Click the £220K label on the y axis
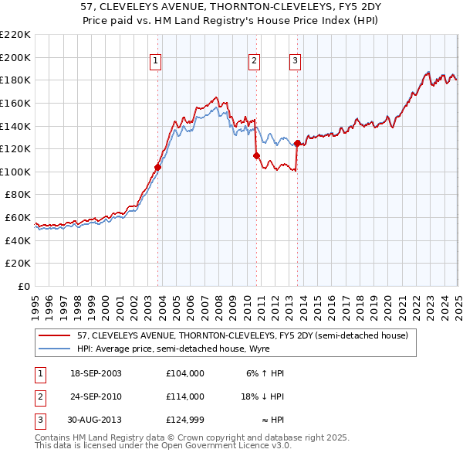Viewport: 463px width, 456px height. pos(16,35)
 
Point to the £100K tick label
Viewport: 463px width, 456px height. pos(16,172)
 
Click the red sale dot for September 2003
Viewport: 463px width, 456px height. pos(157,167)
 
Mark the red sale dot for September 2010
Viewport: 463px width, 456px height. pos(256,155)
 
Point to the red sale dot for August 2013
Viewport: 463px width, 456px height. pos(298,143)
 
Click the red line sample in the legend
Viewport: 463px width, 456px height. pos(55,335)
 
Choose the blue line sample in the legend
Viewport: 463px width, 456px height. pos(55,349)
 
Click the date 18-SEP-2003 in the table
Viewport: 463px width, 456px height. pos(96,373)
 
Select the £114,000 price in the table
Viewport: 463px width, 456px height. pos(184,396)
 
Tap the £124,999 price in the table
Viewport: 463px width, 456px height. pos(184,420)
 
